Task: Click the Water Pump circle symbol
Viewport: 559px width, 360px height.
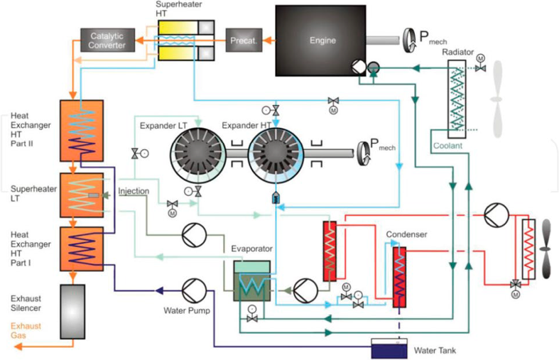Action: point(192,291)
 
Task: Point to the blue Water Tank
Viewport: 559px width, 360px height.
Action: point(390,349)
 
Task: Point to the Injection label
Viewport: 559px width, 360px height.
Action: point(132,192)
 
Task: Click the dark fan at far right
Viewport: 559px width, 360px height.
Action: point(546,249)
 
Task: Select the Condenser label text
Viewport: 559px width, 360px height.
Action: point(406,234)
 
